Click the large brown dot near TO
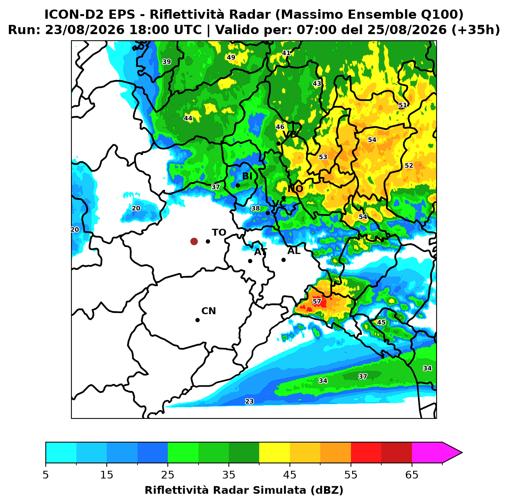[194, 241]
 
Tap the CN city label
[208, 311]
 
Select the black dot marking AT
[250, 261]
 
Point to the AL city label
[294, 250]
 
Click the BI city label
[247, 176]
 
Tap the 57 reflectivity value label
[317, 301]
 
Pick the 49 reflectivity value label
[231, 57]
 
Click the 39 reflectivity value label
[166, 62]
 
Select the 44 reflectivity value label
[188, 118]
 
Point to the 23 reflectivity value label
[249, 401]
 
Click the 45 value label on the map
[381, 322]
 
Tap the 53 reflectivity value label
[323, 157]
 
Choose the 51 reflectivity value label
[402, 105]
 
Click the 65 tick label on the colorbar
[412, 475]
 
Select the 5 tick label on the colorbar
[46, 475]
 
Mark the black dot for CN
[197, 320]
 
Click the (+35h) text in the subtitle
[476, 30]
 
